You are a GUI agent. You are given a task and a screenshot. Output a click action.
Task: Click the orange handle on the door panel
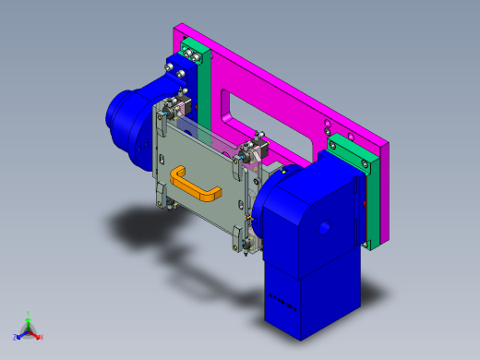tap(196, 184)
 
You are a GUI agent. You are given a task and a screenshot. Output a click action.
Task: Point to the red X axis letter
tap(41, 337)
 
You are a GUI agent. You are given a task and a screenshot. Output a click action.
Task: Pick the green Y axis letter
tap(30, 314)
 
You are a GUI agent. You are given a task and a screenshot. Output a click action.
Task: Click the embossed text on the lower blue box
tap(282, 300)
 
